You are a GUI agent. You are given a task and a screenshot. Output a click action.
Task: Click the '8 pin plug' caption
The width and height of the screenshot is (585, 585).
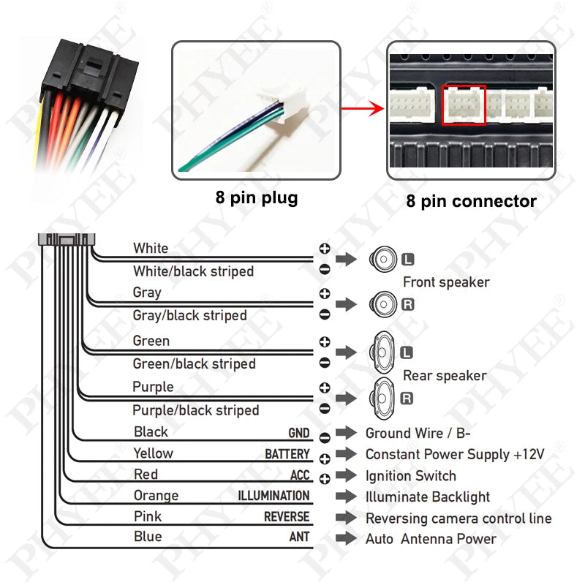[x=256, y=198]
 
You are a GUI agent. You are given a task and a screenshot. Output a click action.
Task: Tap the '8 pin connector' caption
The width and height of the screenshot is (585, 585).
[x=472, y=201]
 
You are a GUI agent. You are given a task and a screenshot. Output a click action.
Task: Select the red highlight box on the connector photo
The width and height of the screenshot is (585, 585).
[x=464, y=105]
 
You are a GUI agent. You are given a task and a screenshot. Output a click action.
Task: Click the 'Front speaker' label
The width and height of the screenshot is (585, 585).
[x=446, y=282]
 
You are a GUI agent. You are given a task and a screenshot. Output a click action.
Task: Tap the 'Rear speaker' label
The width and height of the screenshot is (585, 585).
[x=445, y=376]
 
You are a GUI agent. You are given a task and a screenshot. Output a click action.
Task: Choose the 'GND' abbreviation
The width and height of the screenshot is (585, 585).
[x=298, y=433]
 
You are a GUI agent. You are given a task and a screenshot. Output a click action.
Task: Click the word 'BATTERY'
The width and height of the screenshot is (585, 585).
[x=287, y=454]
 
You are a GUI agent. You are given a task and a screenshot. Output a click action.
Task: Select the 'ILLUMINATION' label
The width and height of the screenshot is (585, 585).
[x=273, y=496]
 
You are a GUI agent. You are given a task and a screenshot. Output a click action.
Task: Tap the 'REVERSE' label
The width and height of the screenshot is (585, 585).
[x=287, y=517]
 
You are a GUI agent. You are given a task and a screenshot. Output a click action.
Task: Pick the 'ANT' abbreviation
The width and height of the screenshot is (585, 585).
[x=299, y=537]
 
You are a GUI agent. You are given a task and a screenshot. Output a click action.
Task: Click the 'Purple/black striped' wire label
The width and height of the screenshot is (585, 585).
[x=195, y=410]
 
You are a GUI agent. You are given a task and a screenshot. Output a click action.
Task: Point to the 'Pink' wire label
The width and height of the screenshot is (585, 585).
[x=148, y=517]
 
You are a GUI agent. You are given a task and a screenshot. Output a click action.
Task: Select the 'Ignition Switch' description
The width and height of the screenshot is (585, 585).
[x=410, y=476]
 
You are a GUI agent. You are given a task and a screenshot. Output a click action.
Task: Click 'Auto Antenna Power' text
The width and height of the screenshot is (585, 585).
[x=431, y=539]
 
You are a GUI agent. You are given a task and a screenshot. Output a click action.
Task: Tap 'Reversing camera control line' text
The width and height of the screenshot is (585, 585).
[x=458, y=518]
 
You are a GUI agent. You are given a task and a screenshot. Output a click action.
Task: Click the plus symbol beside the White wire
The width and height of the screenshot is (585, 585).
[x=325, y=249]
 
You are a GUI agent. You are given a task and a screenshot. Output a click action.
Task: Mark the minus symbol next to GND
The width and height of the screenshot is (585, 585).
[x=325, y=437]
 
